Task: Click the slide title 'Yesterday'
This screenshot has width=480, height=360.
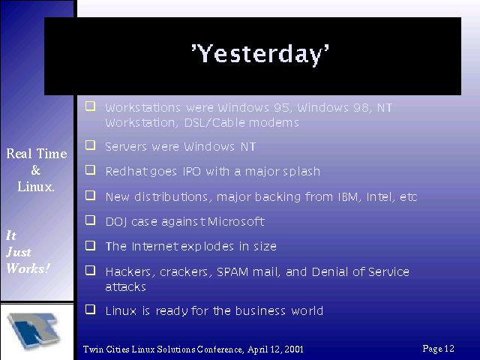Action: [260, 54]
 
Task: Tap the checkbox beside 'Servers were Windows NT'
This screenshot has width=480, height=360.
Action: [90, 145]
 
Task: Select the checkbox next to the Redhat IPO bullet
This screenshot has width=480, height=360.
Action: [90, 170]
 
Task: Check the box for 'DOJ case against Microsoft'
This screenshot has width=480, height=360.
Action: [90, 220]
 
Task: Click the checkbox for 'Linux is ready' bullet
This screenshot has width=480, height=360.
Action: [90, 309]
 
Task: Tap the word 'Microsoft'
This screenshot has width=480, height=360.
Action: [236, 221]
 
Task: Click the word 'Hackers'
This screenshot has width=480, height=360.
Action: [128, 272]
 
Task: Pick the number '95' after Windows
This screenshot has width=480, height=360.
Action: [281, 108]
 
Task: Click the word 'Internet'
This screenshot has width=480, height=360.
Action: [155, 247]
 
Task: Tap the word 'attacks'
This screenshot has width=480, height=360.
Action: [125, 287]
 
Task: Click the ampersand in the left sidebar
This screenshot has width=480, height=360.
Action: [36, 170]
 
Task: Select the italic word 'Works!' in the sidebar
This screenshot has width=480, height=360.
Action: [28, 268]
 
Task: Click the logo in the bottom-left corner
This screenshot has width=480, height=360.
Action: [33, 331]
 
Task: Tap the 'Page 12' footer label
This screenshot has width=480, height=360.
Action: [438, 349]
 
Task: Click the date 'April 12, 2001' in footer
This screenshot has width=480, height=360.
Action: [275, 349]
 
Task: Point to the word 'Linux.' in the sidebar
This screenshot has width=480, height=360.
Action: [36, 187]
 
